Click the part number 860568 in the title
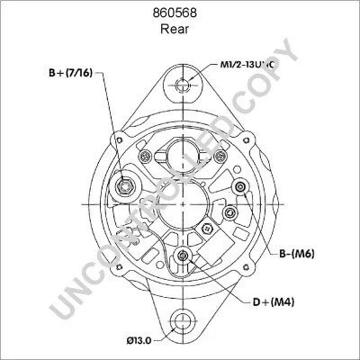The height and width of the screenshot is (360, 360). pyautogui.click(x=175, y=13)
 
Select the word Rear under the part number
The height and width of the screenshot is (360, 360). pyautogui.click(x=175, y=29)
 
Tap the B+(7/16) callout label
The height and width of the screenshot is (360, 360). pyautogui.click(x=70, y=72)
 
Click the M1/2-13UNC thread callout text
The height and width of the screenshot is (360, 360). pyautogui.click(x=246, y=65)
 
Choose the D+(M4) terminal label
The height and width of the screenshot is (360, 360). pyautogui.click(x=274, y=301)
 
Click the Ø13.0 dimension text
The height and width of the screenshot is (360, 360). pyautogui.click(x=139, y=340)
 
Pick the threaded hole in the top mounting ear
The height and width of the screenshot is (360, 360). pyautogui.click(x=182, y=85)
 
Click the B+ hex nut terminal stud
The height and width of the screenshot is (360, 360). pyautogui.click(x=124, y=187)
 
